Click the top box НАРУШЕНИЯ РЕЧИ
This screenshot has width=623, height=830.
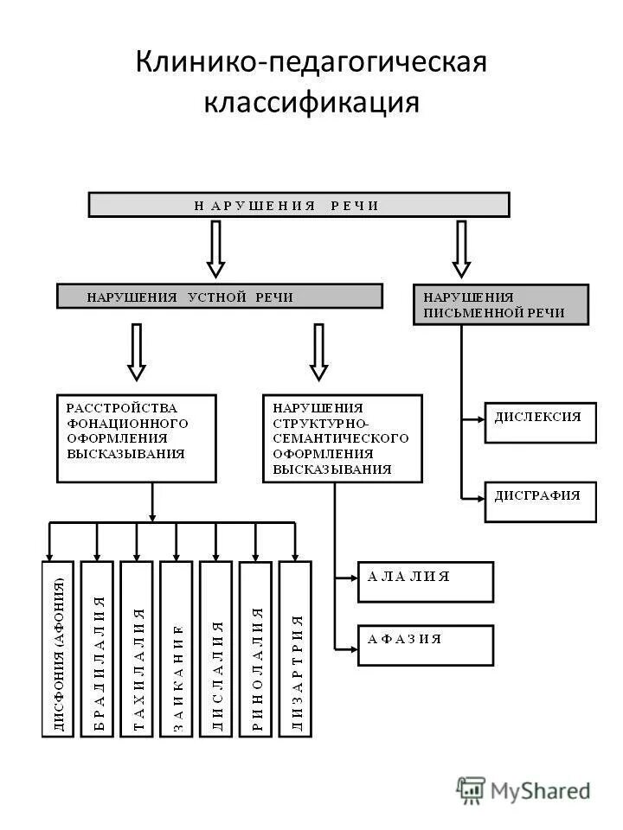299,205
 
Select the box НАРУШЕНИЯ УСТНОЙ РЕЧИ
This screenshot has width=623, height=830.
219,297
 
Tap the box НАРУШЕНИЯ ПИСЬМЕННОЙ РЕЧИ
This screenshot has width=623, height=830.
501,304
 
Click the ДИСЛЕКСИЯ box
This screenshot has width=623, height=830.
540,422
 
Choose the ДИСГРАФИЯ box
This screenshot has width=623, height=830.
540,501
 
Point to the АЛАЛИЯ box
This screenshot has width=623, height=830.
425,582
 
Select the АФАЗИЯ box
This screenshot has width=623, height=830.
425,645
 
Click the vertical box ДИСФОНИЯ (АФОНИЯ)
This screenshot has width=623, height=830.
58,648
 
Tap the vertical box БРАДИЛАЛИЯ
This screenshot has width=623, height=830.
97,648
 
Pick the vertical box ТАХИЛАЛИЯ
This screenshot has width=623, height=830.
137,648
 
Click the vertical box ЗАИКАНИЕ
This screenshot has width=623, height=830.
177,648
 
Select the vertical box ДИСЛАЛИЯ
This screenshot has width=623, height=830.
216,648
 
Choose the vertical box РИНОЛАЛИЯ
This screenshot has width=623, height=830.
256,648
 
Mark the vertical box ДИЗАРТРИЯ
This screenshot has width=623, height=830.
295,648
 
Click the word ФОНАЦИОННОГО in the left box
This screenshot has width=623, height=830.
127,424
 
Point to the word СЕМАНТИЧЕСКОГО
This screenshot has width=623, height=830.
340,439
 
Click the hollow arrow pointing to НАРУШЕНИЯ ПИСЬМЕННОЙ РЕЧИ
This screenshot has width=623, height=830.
461,248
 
